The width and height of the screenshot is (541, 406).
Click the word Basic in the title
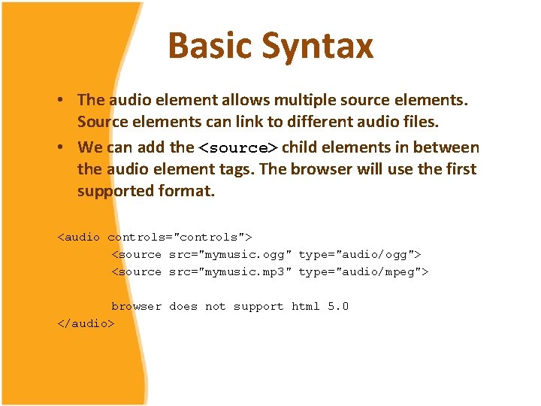[210, 45]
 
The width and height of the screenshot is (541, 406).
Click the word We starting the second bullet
[90, 147]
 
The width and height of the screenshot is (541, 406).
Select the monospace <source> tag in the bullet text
[237, 148]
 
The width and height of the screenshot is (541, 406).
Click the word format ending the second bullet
[187, 191]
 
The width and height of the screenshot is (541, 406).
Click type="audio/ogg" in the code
[359, 254]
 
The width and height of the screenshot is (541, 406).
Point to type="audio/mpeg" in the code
[363, 271]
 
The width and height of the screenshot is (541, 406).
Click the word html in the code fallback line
[306, 306]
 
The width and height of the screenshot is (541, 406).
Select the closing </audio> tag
[86, 323]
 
